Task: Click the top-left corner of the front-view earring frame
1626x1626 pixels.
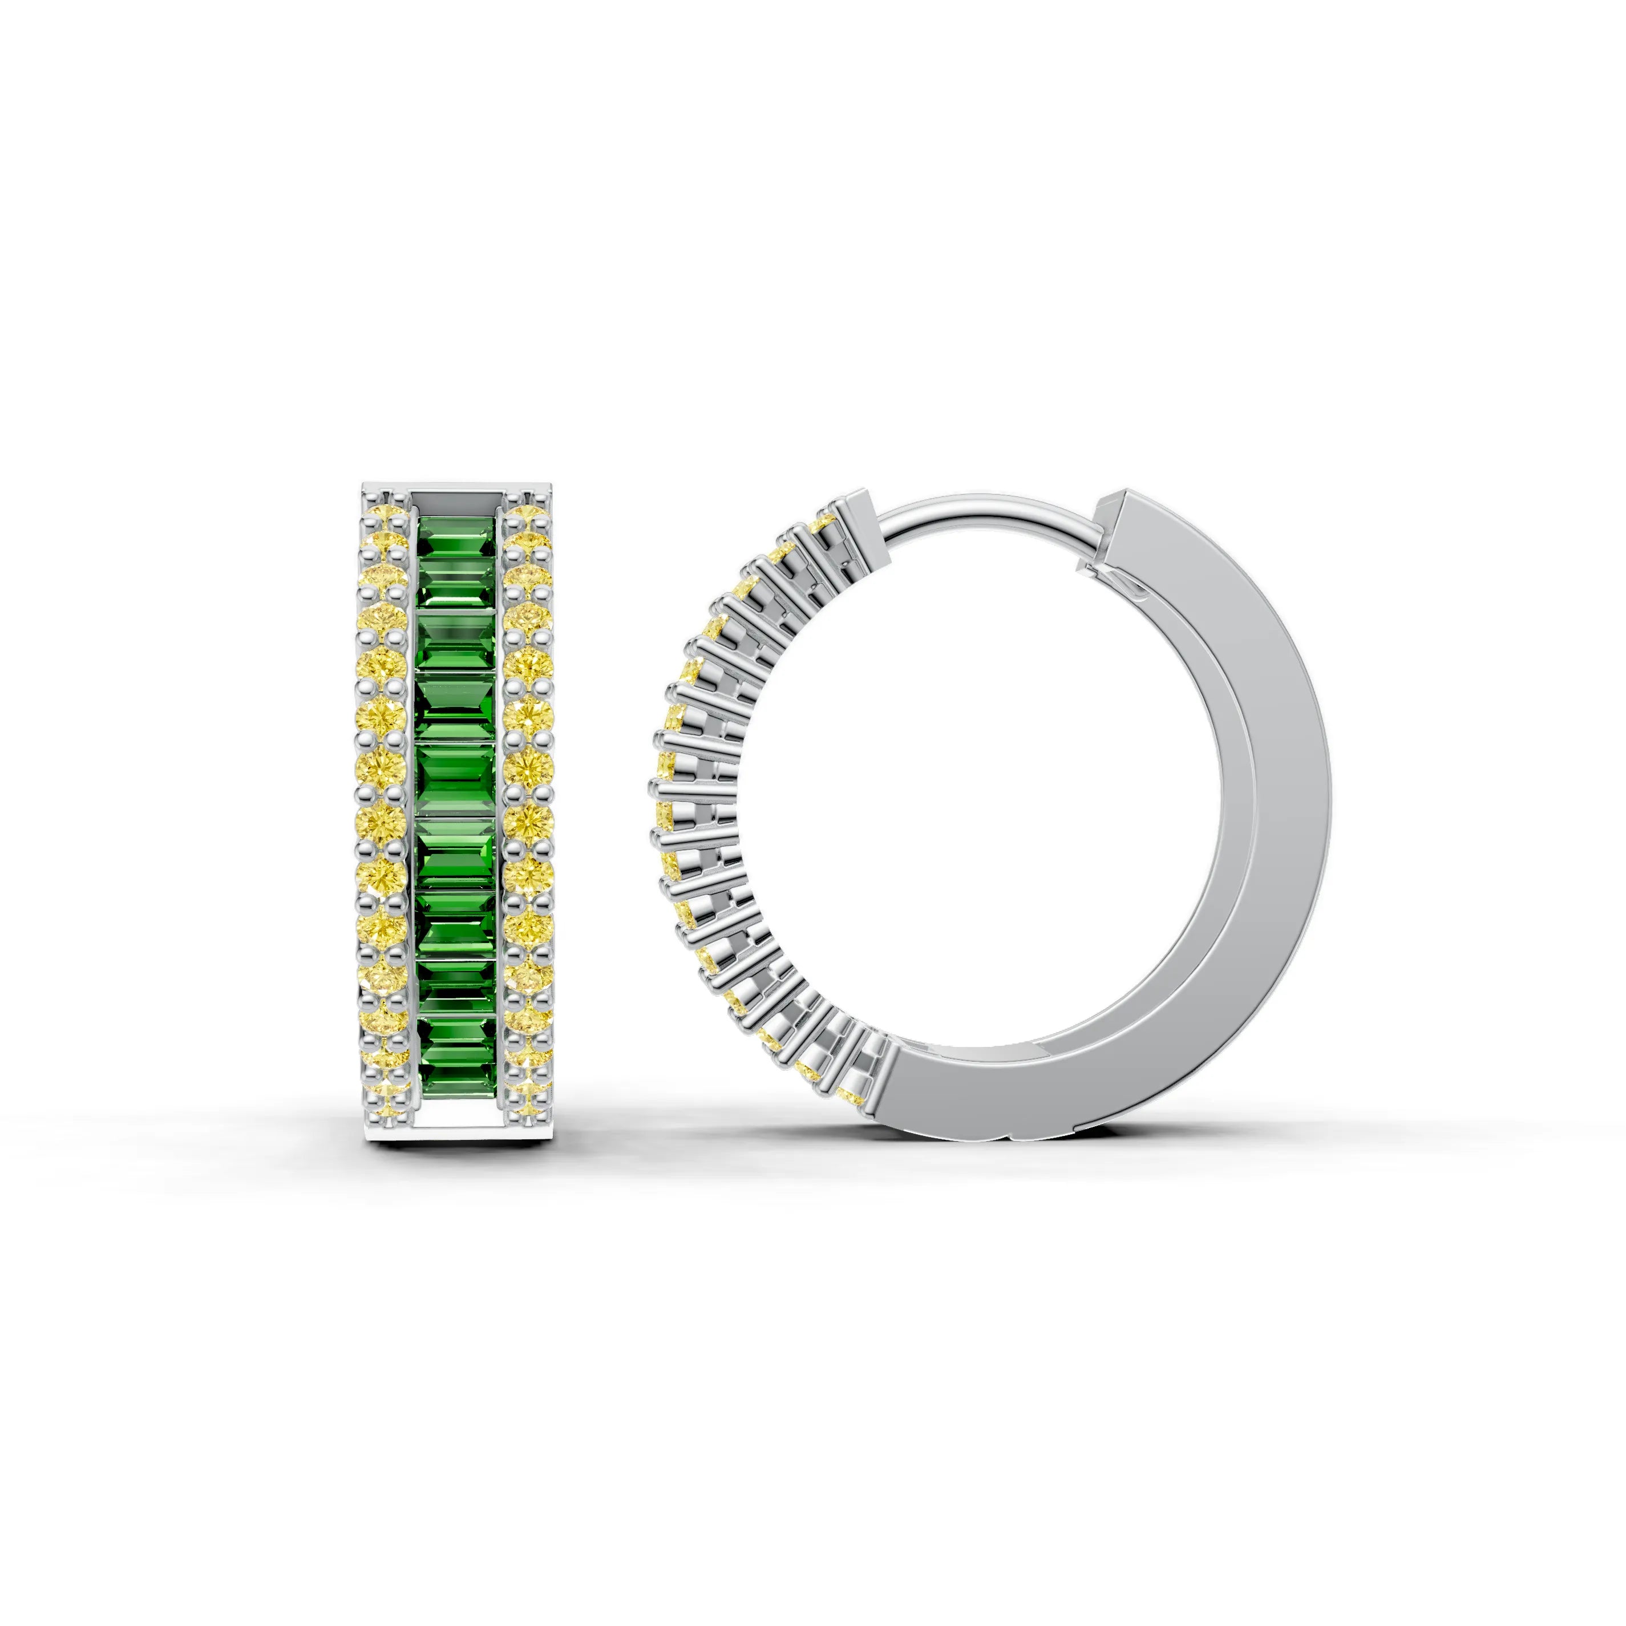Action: [x=365, y=487]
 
